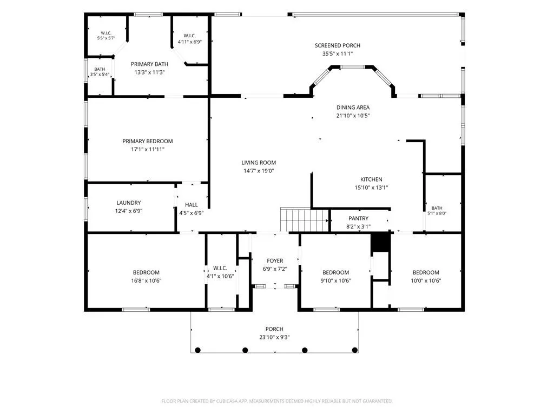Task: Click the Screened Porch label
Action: tap(338, 45)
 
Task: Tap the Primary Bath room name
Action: tap(149, 64)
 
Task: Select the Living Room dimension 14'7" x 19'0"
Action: tap(259, 171)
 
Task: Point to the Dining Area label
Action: tap(353, 108)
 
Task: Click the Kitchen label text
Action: tap(371, 179)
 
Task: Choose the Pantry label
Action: tap(358, 218)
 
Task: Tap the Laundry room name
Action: tap(129, 203)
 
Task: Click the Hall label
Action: tap(191, 205)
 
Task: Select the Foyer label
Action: tap(275, 261)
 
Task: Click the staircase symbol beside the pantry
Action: tap(305, 220)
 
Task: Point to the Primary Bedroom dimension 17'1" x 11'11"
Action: tap(148, 150)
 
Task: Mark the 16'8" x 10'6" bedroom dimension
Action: tap(146, 281)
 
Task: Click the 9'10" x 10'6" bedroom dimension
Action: tap(335, 281)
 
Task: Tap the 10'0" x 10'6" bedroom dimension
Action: tap(426, 281)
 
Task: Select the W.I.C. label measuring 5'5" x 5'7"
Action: tap(106, 33)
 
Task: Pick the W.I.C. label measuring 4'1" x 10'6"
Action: tap(220, 268)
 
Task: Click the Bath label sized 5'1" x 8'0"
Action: tap(437, 208)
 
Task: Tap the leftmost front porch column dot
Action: tap(198, 350)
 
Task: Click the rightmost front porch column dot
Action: tap(355, 350)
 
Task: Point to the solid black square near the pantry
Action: tap(380, 243)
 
